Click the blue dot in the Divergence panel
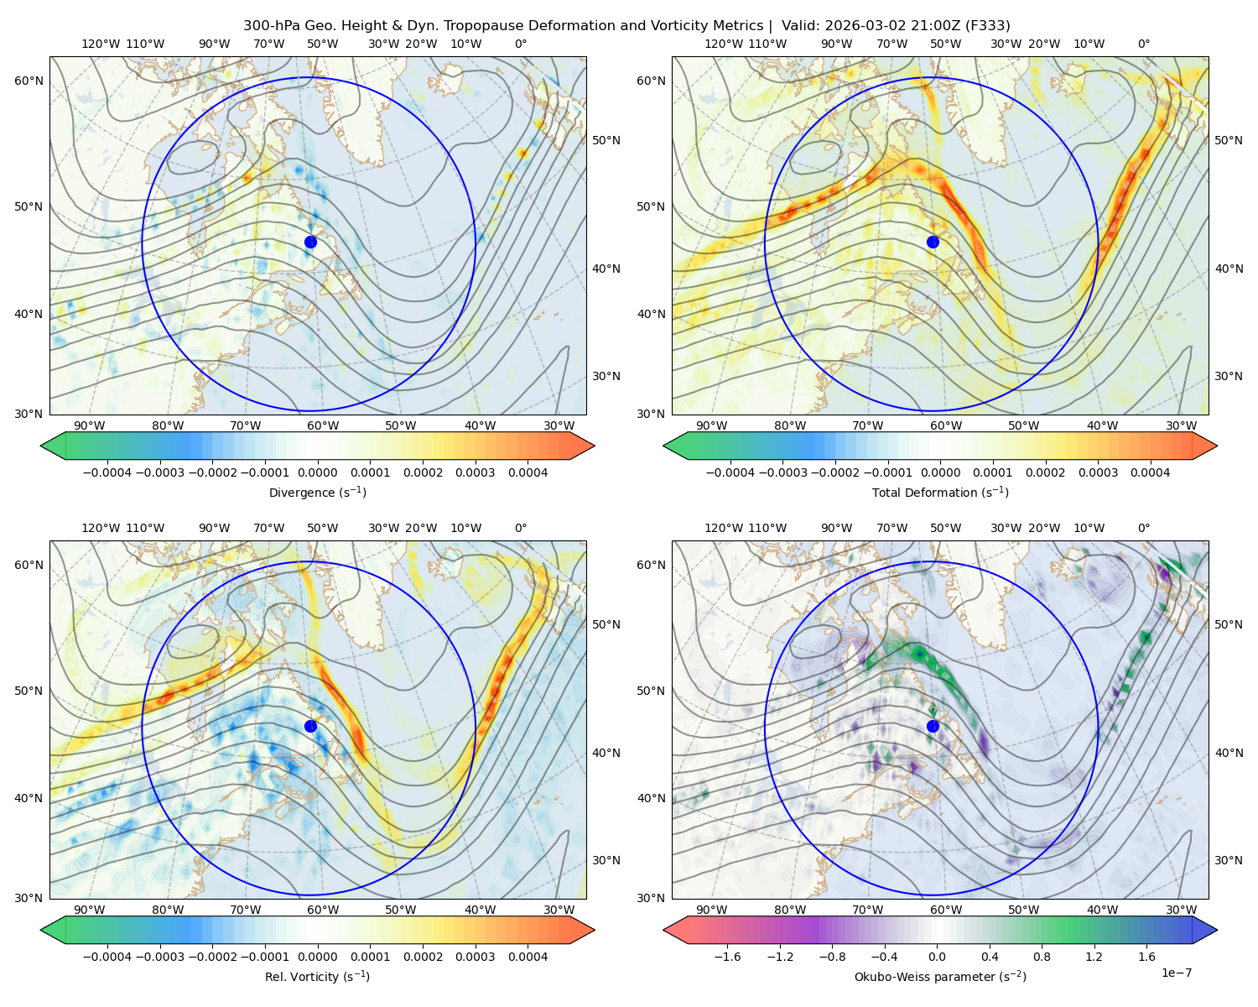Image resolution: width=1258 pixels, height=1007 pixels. tap(310, 242)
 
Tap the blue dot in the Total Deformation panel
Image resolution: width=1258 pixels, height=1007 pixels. tap(933, 242)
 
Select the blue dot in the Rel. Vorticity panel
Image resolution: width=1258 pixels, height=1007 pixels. tap(310, 726)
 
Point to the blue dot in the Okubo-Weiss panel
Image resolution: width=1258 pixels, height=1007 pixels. tap(933, 726)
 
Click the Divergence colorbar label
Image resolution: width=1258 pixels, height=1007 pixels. tap(317, 493)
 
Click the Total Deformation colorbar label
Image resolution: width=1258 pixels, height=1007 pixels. tap(940, 493)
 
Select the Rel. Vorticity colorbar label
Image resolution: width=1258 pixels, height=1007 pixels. tap(317, 977)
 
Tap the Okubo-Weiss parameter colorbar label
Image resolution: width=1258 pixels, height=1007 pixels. tap(940, 977)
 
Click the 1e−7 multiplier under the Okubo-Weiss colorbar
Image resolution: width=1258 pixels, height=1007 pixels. tap(1176, 973)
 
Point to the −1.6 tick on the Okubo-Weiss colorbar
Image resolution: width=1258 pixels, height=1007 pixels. tap(727, 957)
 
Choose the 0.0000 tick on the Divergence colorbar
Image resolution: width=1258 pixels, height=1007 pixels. tap(317, 472)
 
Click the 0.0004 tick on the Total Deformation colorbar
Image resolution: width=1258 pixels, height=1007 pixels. tap(1150, 472)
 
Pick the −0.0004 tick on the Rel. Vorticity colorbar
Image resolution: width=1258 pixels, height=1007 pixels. tap(107, 957)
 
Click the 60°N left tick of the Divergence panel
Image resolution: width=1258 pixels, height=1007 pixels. tap(29, 81)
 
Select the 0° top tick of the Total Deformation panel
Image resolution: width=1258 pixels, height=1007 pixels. tap(1143, 44)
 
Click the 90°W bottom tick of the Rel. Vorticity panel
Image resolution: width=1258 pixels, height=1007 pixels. tap(90, 910)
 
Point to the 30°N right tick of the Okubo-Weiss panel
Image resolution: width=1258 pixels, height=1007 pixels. tap(1228, 860)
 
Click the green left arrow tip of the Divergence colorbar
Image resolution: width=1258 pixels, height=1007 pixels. tap(41, 446)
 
